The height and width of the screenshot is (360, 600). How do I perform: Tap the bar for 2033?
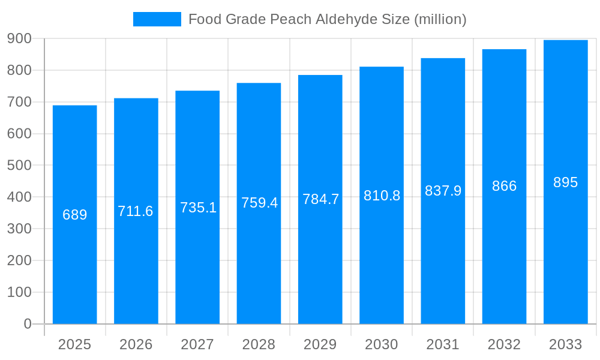click(x=565, y=252)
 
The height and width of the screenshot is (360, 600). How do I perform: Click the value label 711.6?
click(x=136, y=211)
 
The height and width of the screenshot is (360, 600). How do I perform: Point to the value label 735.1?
click(x=198, y=208)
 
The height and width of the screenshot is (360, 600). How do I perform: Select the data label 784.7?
click(x=320, y=199)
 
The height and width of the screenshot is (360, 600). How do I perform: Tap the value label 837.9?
click(x=443, y=191)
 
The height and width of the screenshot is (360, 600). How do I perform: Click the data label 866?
click(x=504, y=186)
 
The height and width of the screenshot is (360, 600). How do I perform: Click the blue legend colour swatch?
click(x=157, y=19)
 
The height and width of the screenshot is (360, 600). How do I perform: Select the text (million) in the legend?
click(x=440, y=19)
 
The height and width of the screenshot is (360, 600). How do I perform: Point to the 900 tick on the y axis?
click(x=19, y=38)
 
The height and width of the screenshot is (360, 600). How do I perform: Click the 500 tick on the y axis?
click(x=19, y=165)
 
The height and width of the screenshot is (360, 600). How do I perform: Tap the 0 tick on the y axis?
click(x=27, y=324)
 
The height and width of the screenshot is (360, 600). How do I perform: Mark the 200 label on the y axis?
click(x=19, y=260)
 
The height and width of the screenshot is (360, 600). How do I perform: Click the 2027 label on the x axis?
click(x=197, y=344)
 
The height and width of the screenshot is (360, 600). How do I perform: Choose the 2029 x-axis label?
click(x=320, y=344)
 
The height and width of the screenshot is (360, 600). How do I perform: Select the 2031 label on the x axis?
click(x=443, y=344)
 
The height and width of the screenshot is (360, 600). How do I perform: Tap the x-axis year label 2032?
click(x=504, y=344)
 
